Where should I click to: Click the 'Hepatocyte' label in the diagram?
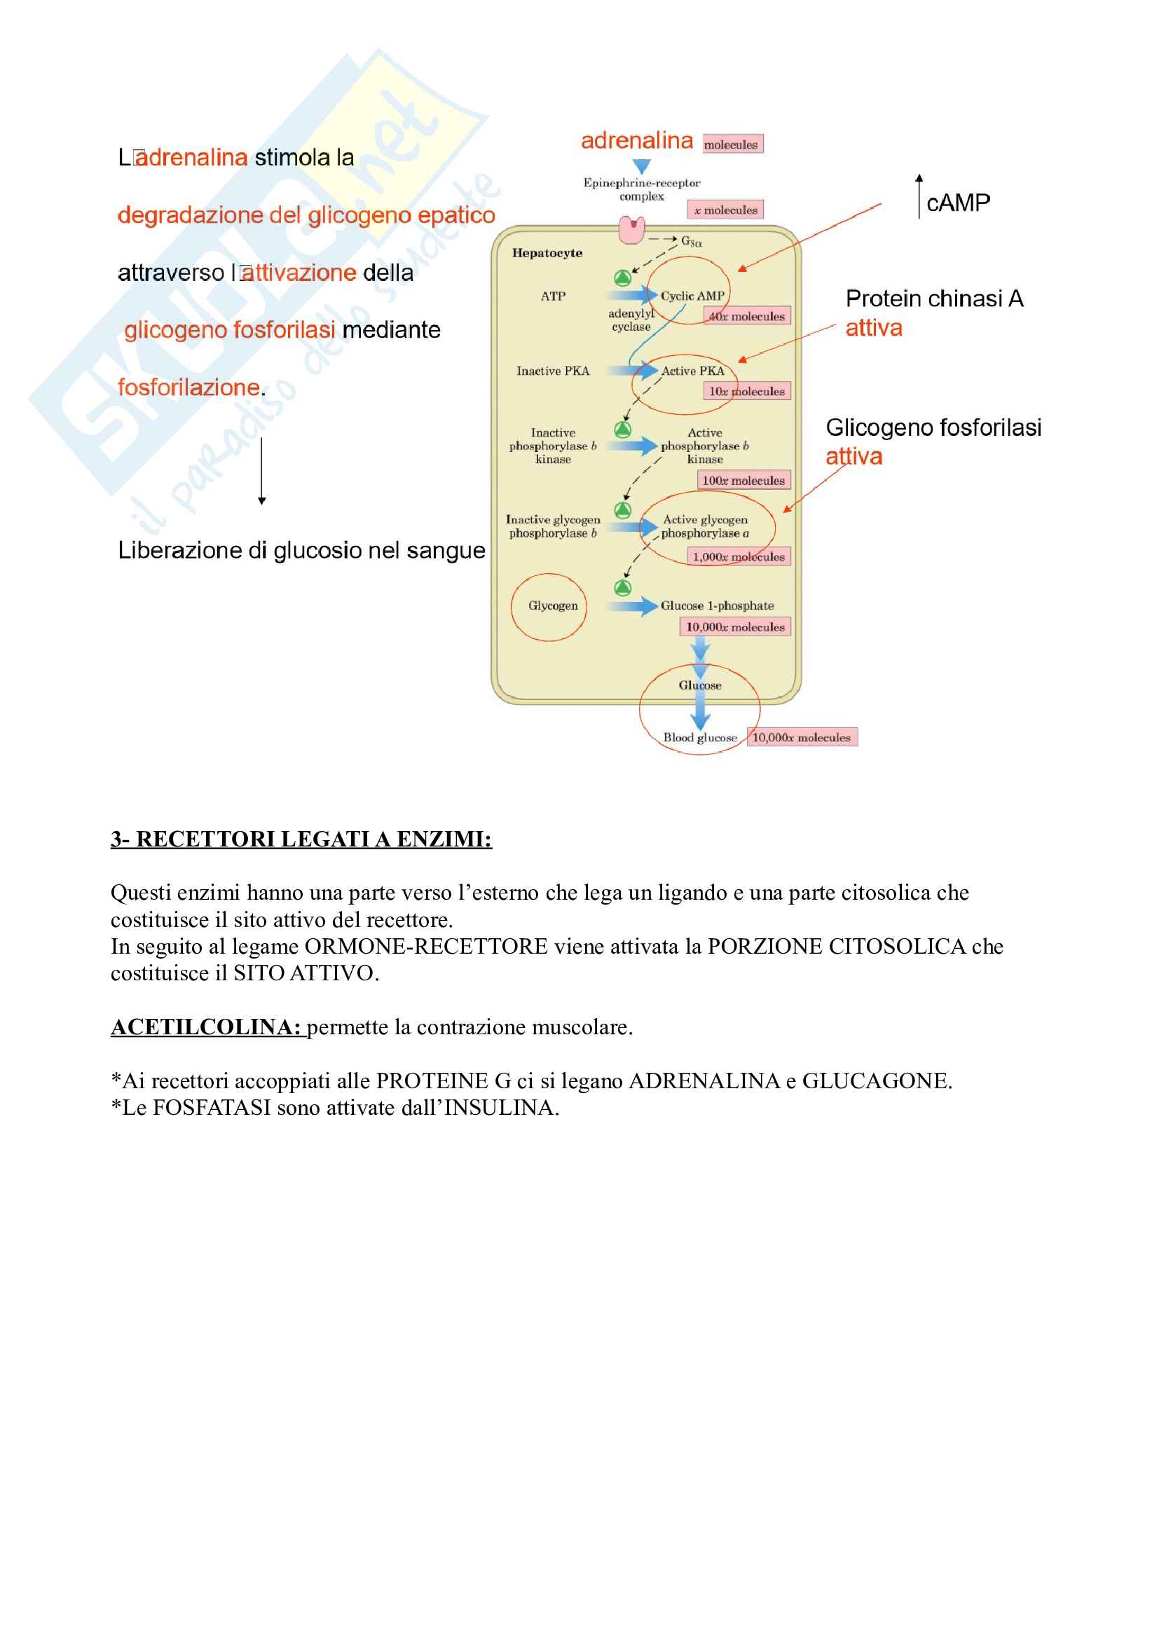tap(547, 253)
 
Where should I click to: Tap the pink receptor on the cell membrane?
tap(631, 230)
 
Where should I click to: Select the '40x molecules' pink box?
tap(746, 316)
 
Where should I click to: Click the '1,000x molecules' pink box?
tap(739, 557)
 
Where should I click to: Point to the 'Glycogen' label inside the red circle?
tap(552, 606)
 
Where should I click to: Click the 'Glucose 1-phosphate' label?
tap(717, 606)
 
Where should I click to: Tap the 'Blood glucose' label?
tap(699, 738)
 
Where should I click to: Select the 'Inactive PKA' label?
tap(552, 371)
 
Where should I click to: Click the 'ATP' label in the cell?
tap(552, 296)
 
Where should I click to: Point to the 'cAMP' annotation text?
tap(958, 203)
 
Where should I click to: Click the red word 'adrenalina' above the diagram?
tap(636, 141)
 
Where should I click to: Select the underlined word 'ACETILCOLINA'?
tap(205, 1027)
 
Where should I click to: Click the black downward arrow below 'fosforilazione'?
tap(262, 471)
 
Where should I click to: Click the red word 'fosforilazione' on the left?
tap(188, 388)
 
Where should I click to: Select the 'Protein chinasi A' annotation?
tap(933, 299)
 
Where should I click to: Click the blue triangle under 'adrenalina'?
tap(642, 166)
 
